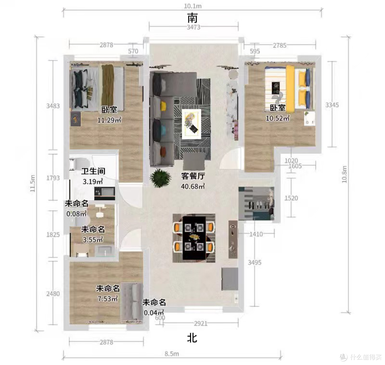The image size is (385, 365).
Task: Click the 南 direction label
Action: point(192,18)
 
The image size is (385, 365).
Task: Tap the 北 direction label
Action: point(192,338)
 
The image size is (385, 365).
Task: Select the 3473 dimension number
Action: point(194,27)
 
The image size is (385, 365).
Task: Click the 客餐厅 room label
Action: point(193,176)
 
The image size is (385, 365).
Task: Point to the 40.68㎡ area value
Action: point(193,186)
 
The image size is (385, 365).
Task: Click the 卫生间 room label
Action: point(93,171)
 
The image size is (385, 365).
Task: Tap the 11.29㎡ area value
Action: point(109,120)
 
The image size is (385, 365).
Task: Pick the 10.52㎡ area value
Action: point(278,118)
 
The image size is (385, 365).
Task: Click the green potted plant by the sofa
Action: point(160,178)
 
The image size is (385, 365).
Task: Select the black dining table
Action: point(194,238)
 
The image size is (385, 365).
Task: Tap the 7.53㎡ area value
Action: point(108,298)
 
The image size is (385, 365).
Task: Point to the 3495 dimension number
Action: point(255,263)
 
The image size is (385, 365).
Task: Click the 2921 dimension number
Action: point(201,324)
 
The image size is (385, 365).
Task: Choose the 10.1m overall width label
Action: point(193,6)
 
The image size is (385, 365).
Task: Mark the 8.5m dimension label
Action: point(171,354)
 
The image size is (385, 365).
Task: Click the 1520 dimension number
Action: point(291,198)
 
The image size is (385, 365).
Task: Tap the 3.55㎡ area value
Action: point(93,239)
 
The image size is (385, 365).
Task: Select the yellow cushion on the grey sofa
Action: point(163,106)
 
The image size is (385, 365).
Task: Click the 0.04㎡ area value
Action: point(154,313)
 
